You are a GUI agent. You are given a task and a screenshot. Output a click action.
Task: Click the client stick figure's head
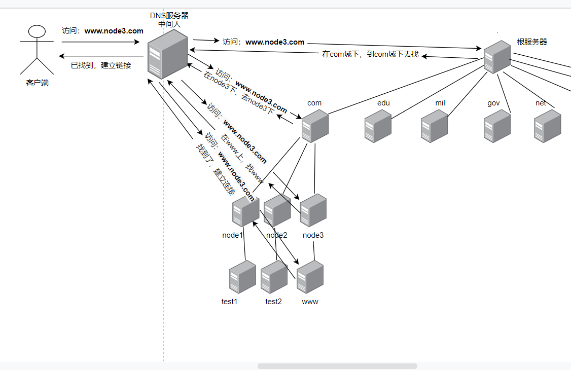coord(37,32)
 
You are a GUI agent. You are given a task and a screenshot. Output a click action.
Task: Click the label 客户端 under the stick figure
coord(38,83)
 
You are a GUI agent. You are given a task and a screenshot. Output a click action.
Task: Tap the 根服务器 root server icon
coord(496,57)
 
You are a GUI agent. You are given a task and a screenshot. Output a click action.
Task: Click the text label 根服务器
coord(532,42)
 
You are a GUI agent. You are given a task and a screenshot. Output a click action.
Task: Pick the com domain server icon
coord(315,126)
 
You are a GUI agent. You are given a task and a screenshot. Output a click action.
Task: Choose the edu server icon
coord(378,126)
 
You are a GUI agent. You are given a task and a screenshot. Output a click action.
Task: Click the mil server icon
coord(435,126)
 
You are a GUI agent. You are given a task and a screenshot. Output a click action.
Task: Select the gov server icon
coord(497,126)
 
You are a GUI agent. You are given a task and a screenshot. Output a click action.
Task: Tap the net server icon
coord(548,126)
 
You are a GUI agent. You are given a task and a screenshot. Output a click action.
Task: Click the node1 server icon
coord(245,211)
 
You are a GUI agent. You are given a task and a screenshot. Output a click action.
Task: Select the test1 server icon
coord(242,277)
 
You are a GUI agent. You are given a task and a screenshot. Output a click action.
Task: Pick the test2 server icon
coord(274,277)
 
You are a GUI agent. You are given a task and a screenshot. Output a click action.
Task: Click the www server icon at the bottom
coord(310,277)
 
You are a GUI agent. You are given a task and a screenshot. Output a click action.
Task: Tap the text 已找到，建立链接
coord(101,65)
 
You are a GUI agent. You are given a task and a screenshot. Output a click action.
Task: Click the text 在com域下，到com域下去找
coord(371,54)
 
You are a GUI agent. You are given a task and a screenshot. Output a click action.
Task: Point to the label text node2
coord(277,235)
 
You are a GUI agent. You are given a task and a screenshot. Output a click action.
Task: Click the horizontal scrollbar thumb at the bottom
coord(337,366)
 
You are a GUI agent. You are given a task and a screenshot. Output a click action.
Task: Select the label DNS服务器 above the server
coord(169,16)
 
